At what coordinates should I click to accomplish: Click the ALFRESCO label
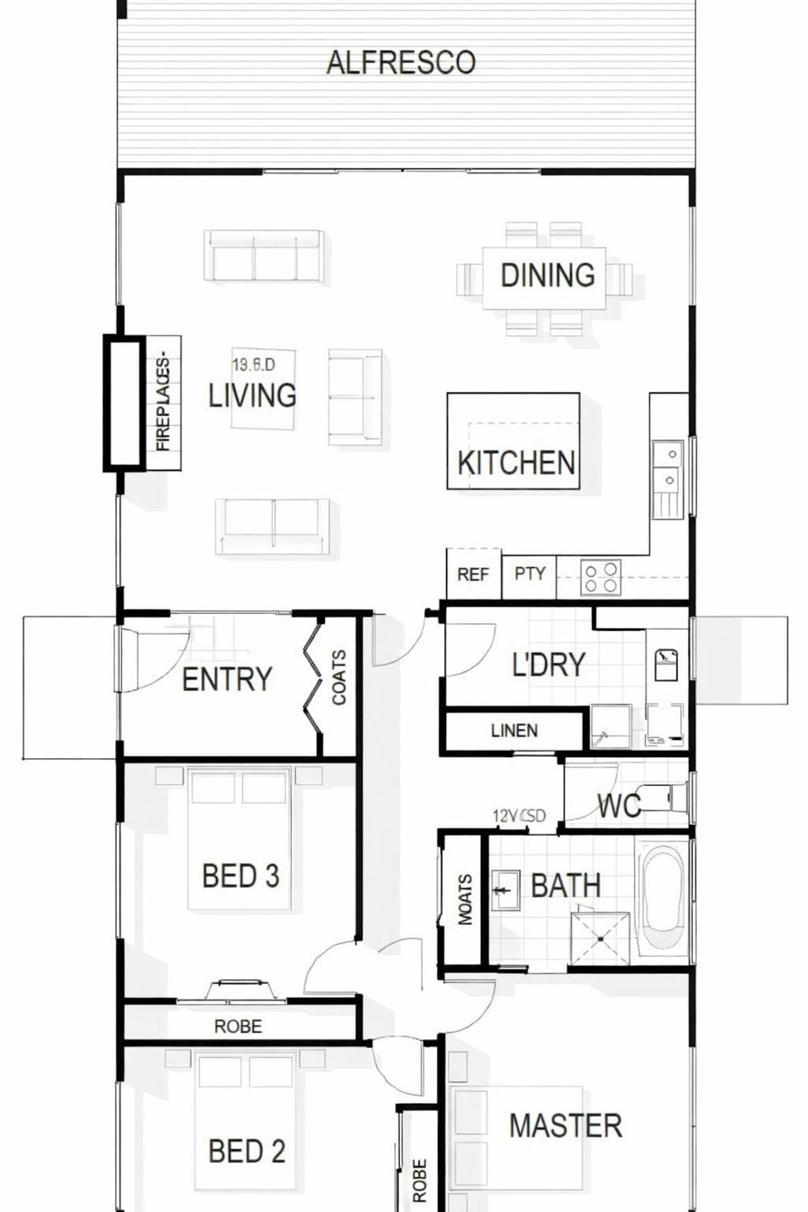401,62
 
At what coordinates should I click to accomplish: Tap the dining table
544,278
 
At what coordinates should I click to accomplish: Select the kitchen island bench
513,441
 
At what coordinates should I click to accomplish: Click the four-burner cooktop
600,577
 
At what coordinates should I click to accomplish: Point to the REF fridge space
473,574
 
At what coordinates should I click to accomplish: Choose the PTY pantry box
529,574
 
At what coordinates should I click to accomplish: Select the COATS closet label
339,678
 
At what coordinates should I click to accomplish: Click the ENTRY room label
227,679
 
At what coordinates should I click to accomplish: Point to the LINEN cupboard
514,731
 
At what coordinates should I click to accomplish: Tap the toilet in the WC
664,799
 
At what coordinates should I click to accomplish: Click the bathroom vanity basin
505,891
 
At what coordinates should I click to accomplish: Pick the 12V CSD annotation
519,816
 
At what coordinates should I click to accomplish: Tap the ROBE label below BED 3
238,1026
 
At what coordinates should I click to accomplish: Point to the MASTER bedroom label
565,1126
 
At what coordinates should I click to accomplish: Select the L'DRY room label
548,664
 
